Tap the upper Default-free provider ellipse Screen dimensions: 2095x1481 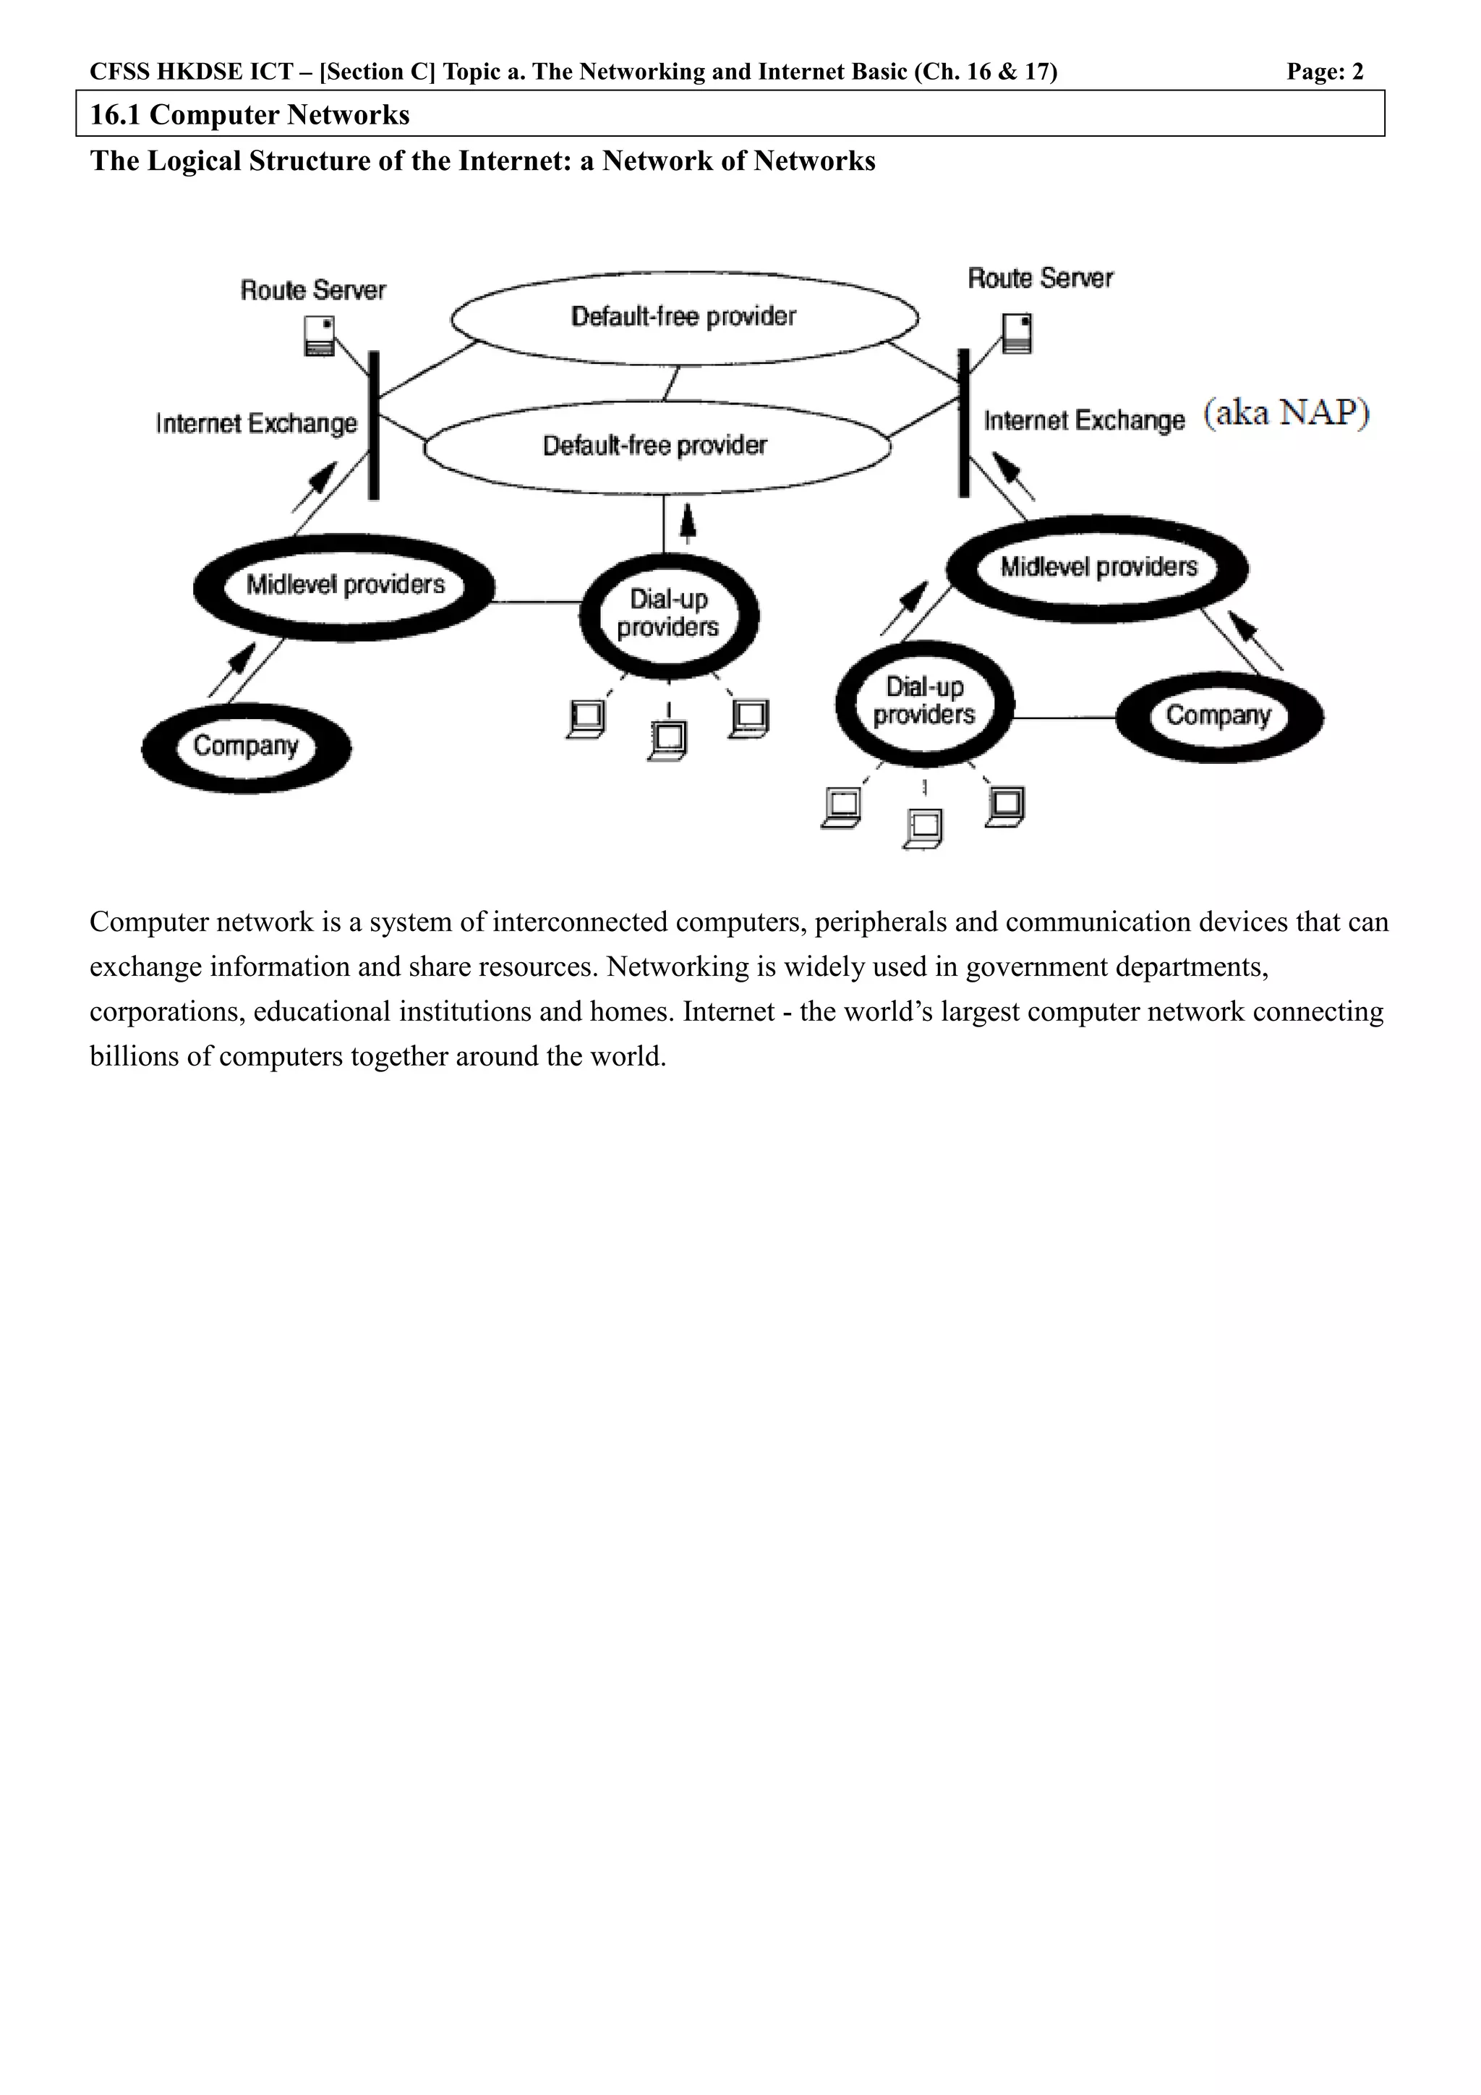point(684,317)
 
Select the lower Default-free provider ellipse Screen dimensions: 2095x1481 point(657,446)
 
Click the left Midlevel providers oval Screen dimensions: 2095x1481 point(345,586)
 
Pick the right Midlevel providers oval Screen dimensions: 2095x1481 point(1098,568)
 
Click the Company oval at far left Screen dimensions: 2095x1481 point(246,747)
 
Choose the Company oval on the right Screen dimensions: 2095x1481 point(1219,716)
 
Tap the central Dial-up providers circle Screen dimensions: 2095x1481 point(668,614)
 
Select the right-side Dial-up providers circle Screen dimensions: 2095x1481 point(925,702)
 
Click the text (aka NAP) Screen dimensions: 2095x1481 point(1286,413)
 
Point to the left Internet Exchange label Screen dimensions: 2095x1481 point(256,423)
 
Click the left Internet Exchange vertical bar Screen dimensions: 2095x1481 point(373,425)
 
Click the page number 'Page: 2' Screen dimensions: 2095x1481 point(1324,72)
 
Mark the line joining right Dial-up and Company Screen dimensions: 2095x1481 point(1065,718)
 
